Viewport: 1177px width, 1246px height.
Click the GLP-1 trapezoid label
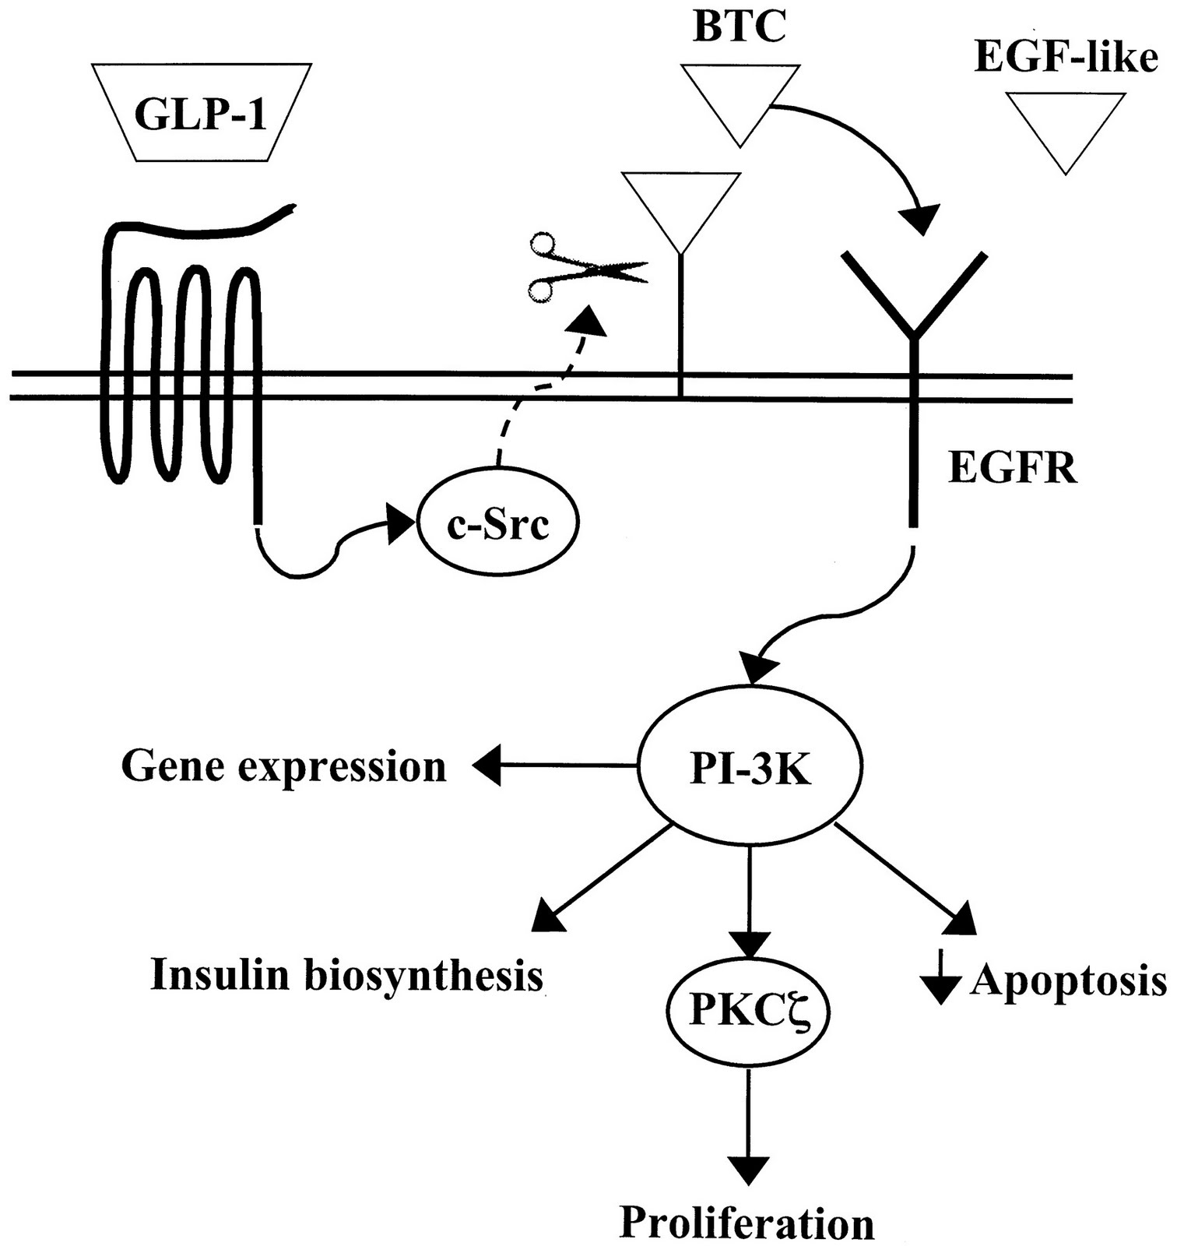pyautogui.click(x=201, y=114)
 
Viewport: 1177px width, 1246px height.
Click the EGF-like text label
pyautogui.click(x=1066, y=58)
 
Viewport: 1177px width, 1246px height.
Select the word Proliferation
pyautogui.click(x=747, y=1223)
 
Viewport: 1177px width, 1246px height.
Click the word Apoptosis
pyautogui.click(x=1069, y=980)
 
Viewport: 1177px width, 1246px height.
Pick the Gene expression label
pyautogui.click(x=284, y=767)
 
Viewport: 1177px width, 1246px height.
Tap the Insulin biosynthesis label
pyautogui.click(x=346, y=975)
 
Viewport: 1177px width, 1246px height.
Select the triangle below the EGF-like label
pyautogui.click(x=1065, y=125)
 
